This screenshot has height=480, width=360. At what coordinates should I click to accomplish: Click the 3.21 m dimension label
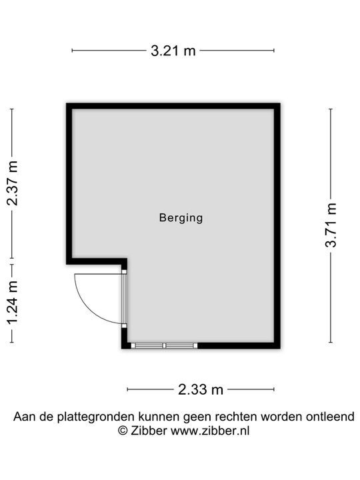(x=173, y=51)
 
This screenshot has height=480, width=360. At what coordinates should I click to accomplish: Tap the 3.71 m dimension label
(x=331, y=225)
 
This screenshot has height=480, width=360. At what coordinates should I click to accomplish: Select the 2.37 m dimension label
(x=13, y=183)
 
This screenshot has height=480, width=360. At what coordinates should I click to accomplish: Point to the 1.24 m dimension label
(x=13, y=303)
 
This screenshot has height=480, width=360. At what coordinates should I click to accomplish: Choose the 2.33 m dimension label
(x=201, y=390)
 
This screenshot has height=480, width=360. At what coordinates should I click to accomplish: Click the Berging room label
(x=181, y=218)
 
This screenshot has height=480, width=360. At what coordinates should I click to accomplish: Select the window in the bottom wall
(x=165, y=345)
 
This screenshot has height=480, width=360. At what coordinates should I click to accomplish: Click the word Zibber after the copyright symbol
(x=149, y=431)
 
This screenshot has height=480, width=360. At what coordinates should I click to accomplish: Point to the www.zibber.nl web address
(x=210, y=431)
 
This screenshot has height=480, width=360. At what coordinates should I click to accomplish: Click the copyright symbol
(x=123, y=431)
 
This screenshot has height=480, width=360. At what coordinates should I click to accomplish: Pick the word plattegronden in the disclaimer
(x=96, y=417)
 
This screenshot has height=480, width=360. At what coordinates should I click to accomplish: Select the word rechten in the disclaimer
(x=236, y=417)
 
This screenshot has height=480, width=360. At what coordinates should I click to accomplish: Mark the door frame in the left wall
(x=124, y=299)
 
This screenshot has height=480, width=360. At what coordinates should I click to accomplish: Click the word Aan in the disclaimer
(x=23, y=417)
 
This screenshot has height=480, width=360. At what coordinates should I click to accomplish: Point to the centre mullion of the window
(x=164, y=345)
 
